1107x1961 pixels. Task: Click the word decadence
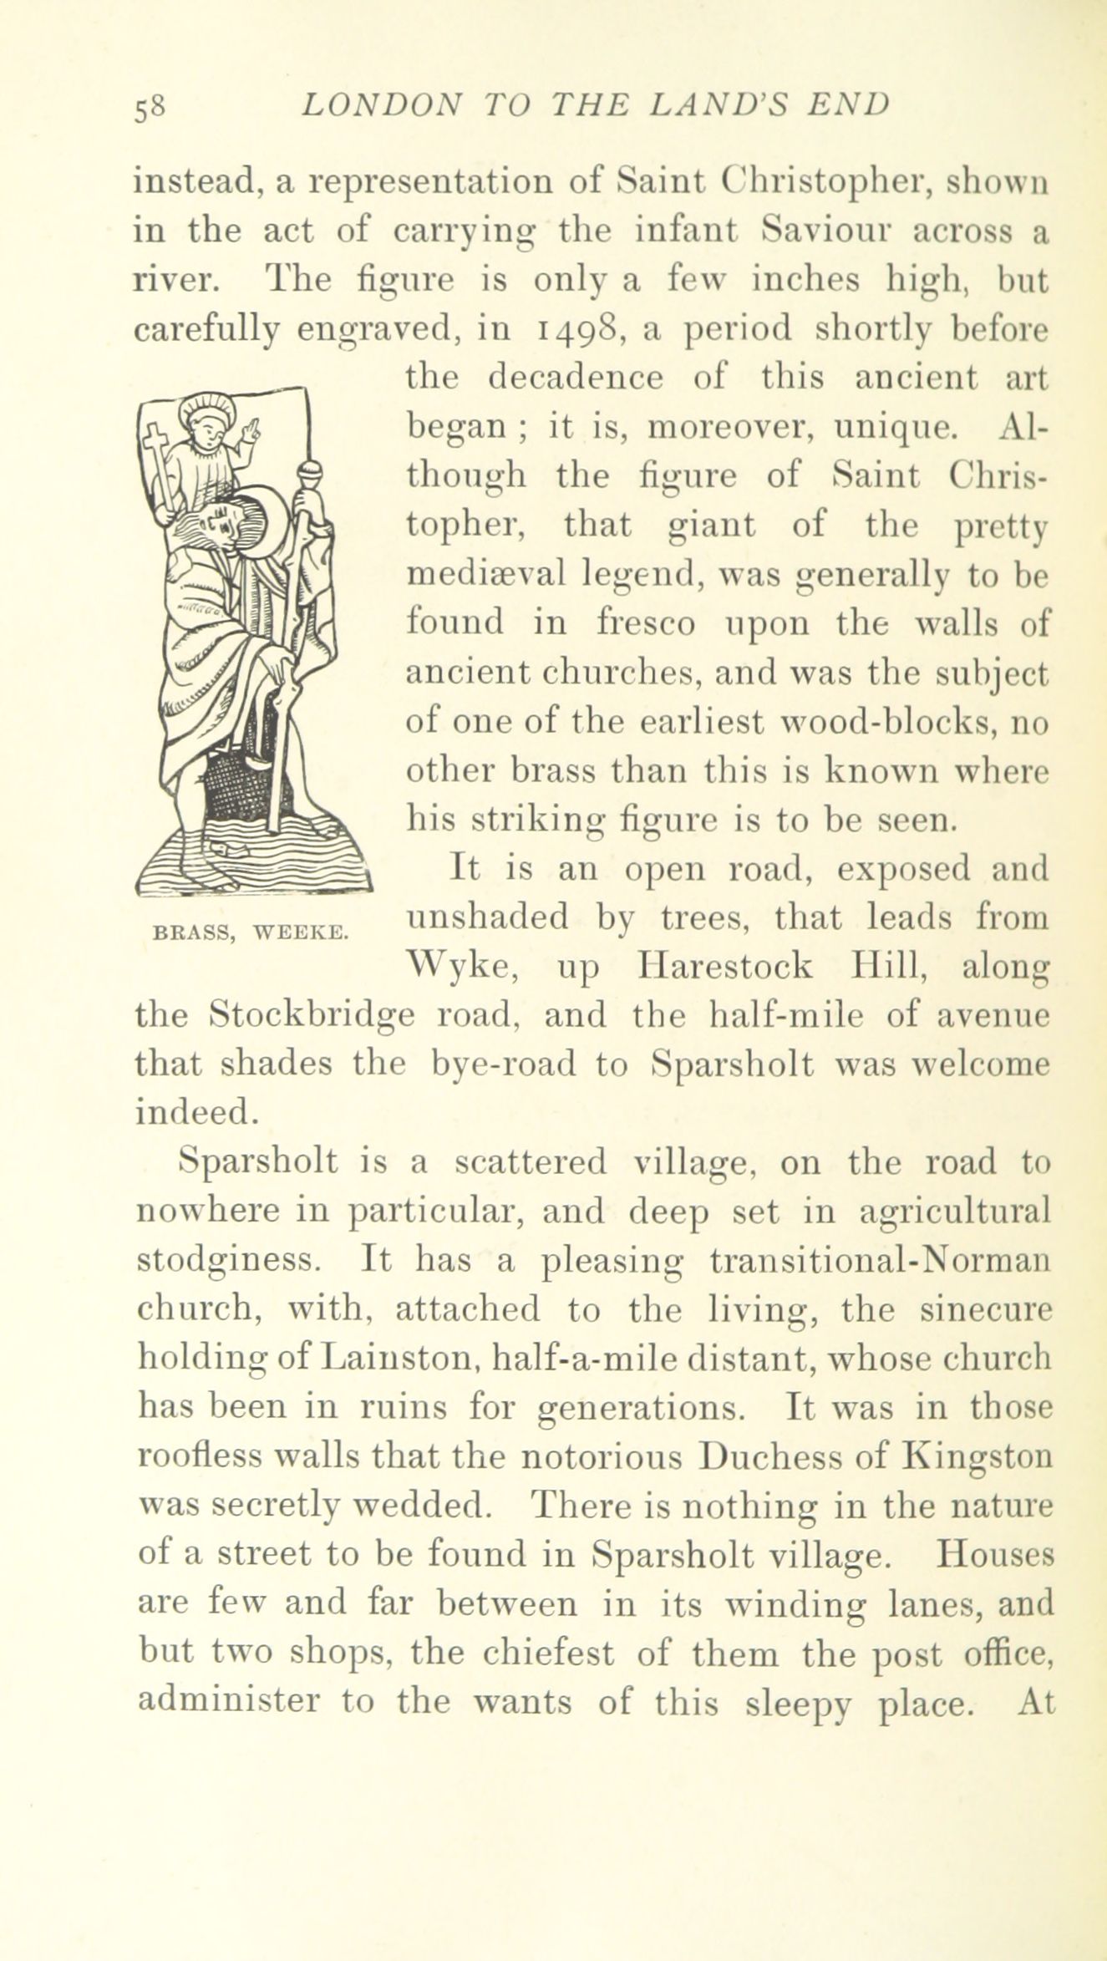pos(576,378)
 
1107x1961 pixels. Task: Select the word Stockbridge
pos(312,1016)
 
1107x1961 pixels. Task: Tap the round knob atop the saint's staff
pos(309,477)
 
